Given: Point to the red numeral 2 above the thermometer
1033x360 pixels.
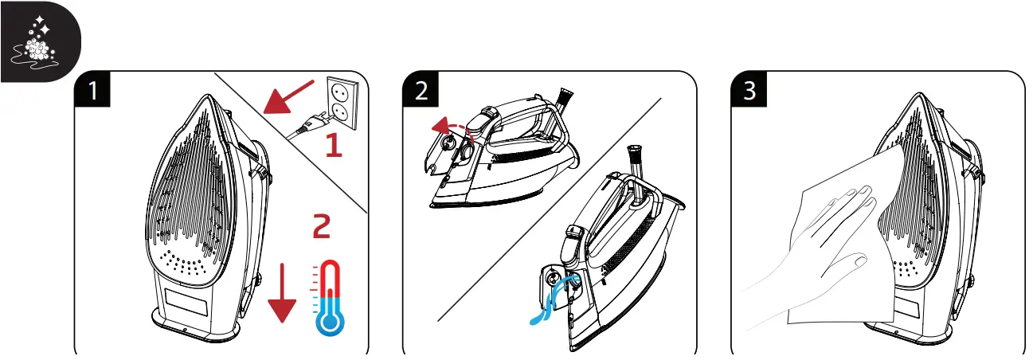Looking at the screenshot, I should click(321, 227).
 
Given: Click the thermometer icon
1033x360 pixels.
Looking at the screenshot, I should click(329, 298).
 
